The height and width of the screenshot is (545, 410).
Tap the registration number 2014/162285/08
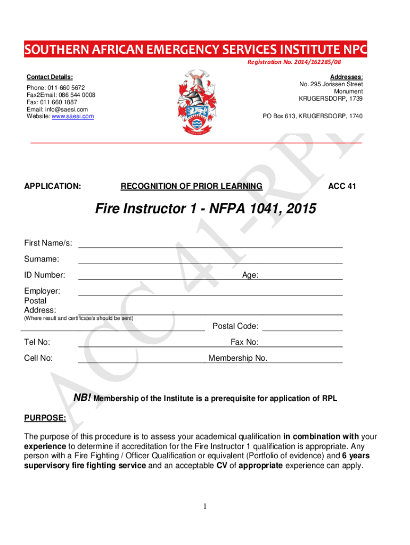(x=301, y=63)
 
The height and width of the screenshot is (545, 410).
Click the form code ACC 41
(x=342, y=186)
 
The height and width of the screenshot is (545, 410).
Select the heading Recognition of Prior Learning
(x=192, y=186)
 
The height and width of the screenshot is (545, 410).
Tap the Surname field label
(x=42, y=259)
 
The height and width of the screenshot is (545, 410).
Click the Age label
(x=250, y=275)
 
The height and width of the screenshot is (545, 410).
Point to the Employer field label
(x=42, y=291)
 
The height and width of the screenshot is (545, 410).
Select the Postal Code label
(x=235, y=326)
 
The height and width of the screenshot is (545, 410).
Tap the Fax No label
(x=244, y=342)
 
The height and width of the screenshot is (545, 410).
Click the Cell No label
(x=38, y=358)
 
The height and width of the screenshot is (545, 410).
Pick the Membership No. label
(x=238, y=358)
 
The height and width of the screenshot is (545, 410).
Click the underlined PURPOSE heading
(x=45, y=418)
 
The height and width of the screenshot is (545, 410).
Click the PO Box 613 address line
(x=313, y=116)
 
